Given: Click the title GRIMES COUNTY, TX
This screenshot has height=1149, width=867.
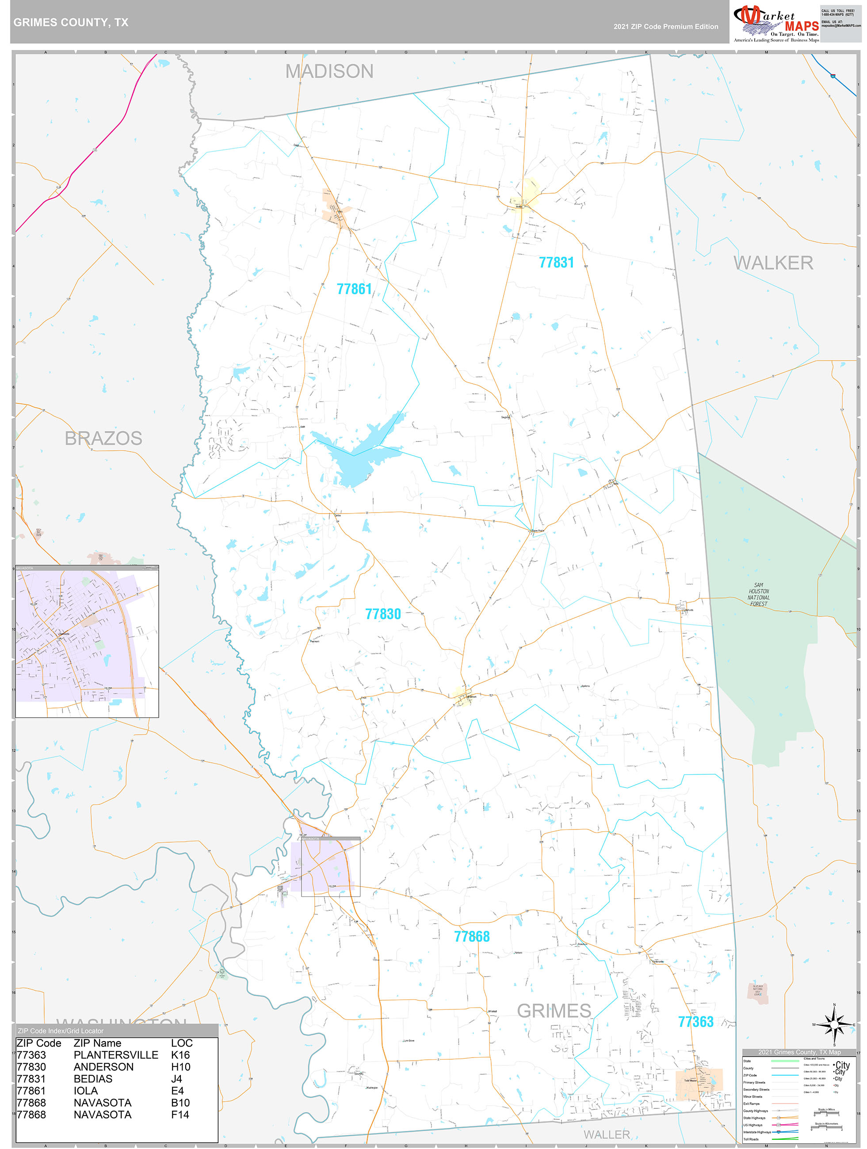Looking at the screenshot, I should tap(71, 23).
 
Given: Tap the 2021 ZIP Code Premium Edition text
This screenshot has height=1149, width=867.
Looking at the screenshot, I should tap(665, 27).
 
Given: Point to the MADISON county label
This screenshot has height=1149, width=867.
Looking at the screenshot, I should tap(329, 71).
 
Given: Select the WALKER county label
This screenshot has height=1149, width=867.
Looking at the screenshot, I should tap(773, 263).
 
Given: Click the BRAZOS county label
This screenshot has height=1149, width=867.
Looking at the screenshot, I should tap(103, 438).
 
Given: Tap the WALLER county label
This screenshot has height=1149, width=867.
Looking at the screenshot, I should tap(607, 1134).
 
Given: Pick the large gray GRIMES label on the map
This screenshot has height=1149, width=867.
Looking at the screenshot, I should tap(554, 1011).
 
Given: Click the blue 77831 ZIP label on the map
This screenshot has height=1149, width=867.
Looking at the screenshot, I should tap(556, 263).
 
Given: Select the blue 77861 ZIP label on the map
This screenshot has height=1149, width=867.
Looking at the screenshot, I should tap(354, 289).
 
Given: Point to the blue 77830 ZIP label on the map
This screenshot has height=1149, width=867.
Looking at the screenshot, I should tap(383, 614).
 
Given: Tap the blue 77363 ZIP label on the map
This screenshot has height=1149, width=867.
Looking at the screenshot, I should tap(695, 1022).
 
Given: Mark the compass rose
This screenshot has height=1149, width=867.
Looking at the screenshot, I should tap(834, 1024).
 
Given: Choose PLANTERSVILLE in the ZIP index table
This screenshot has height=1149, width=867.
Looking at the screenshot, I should tap(116, 1055).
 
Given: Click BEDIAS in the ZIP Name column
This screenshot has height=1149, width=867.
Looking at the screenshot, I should tap(93, 1079).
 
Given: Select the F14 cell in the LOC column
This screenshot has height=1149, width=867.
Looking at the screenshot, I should tap(180, 1115).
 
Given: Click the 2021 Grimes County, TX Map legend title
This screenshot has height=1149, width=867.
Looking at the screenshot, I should tap(799, 1052).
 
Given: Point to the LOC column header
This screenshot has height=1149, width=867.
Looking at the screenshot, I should tap(181, 1043).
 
